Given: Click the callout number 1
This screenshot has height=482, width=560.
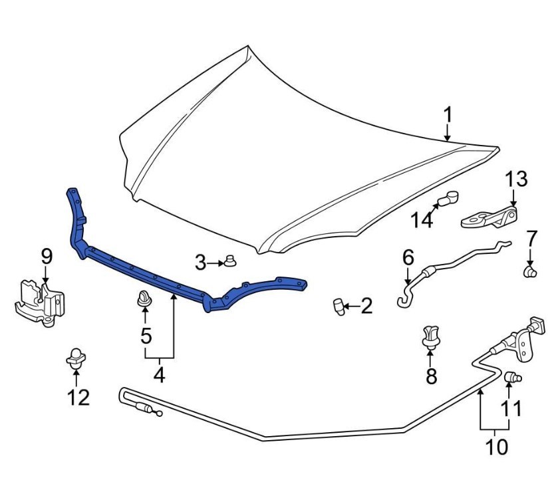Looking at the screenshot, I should tap(448, 115).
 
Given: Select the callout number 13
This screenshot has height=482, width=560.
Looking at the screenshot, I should tap(515, 179).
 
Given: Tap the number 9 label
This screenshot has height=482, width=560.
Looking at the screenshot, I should tap(46, 256).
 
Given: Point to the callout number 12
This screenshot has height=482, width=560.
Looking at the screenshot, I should tap(78, 397).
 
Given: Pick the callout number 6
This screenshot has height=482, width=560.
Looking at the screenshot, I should tap(408, 257).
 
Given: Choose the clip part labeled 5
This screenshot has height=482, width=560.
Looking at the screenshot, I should tap(144, 301).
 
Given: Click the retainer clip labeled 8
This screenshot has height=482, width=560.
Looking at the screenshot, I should tap(431, 336).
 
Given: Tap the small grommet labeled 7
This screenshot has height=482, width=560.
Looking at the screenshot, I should tap(531, 271).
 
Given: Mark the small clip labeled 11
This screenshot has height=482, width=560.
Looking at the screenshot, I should tap(512, 378).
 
